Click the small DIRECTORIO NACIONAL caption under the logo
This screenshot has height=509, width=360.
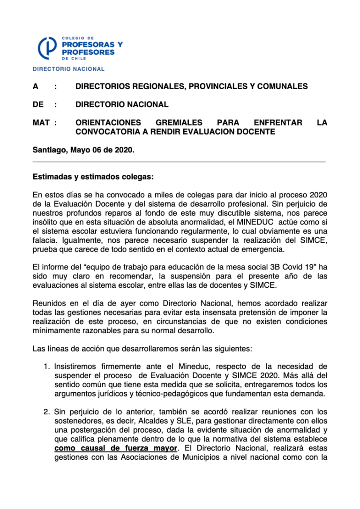coord(68,69)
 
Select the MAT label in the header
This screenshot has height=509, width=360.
coord(41,123)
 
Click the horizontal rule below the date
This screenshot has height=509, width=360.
coord(179,161)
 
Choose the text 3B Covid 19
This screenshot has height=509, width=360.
coord(281,267)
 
